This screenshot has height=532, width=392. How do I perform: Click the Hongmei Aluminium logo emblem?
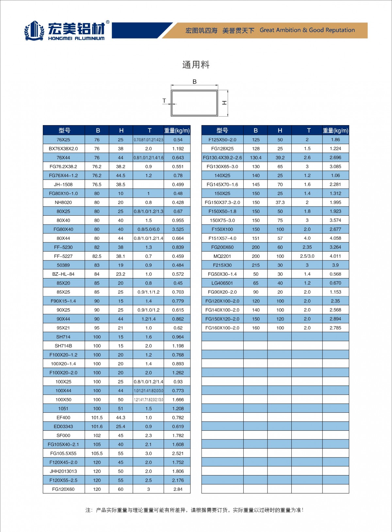point(34,31)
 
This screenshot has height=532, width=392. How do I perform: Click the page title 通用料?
point(196,65)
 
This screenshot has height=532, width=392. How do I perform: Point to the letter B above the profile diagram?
point(195,82)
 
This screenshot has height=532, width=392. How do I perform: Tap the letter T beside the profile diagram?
point(164,101)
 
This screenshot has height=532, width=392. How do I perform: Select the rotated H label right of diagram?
point(224,103)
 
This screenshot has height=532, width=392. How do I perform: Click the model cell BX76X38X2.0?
point(63,149)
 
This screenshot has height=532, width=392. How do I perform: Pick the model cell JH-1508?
point(63,185)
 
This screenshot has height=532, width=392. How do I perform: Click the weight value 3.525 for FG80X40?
point(178,229)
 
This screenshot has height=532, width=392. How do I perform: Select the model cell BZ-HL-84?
point(63,274)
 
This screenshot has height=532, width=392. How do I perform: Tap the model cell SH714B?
point(63,346)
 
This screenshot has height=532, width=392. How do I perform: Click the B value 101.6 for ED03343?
point(97,426)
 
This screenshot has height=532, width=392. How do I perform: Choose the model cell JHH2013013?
point(63,471)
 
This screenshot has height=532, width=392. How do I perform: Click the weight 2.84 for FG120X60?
point(178,489)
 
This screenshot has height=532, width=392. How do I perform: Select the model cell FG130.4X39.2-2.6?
point(222,158)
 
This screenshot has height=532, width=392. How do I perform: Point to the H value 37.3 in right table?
point(280,203)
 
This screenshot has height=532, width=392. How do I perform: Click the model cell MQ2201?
point(222,256)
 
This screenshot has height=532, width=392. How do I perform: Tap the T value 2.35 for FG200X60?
point(307,247)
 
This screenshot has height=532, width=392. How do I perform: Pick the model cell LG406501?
point(222,283)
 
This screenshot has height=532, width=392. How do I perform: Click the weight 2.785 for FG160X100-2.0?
point(335,328)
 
